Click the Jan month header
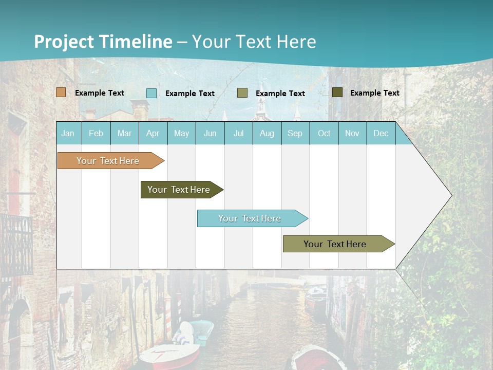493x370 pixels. [x=68, y=134]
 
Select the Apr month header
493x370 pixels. [x=153, y=134]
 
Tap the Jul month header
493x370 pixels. [x=238, y=134]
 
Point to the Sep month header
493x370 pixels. [x=295, y=134]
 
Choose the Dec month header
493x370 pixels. [x=381, y=134]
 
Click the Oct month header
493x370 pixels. [x=324, y=134]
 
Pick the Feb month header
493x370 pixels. [x=96, y=134]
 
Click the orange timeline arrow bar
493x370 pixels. [x=108, y=161]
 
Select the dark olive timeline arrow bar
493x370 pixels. [x=179, y=190]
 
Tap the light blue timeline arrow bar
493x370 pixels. [x=250, y=218]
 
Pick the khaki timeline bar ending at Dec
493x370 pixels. [x=335, y=244]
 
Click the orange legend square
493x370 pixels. [x=61, y=92]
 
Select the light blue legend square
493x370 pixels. [x=151, y=93]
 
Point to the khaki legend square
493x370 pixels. [x=242, y=93]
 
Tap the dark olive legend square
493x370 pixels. [x=337, y=92]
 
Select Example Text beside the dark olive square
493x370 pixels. [x=374, y=93]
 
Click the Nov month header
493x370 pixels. [x=352, y=134]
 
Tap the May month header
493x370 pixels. [x=181, y=134]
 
